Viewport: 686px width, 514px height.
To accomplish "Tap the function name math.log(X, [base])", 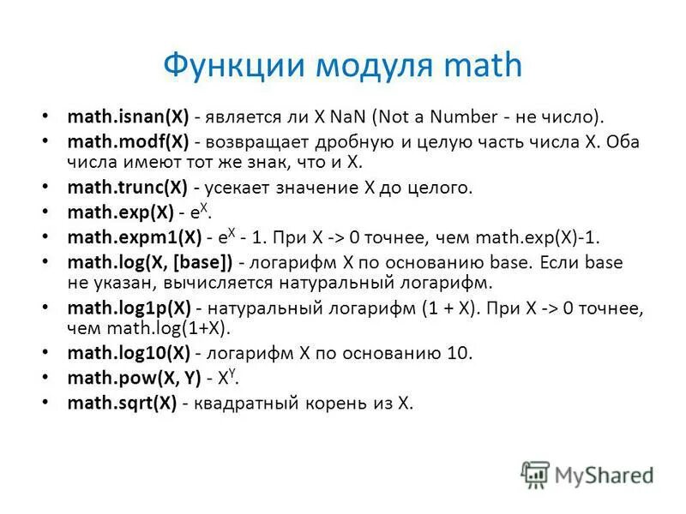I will click(150, 262).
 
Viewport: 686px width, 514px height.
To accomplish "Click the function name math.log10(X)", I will click(129, 353).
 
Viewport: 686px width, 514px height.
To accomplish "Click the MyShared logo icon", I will click(535, 474).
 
